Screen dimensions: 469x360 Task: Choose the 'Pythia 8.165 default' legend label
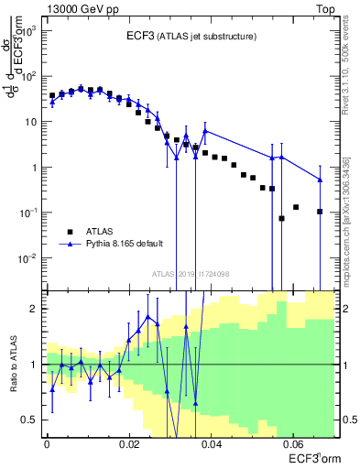pos(122,245)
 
